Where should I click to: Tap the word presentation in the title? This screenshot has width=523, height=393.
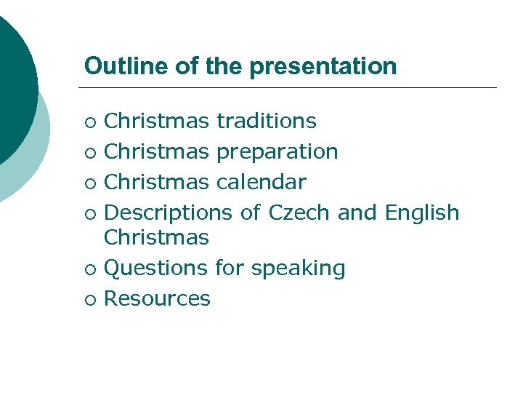click(323, 67)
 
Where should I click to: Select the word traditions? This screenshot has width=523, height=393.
click(266, 121)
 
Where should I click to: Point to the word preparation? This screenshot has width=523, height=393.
click(277, 152)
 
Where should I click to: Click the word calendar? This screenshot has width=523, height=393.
click(261, 182)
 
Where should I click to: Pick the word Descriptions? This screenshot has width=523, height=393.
click(166, 213)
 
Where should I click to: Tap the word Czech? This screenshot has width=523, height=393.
click(299, 213)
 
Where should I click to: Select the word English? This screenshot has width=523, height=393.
click(422, 213)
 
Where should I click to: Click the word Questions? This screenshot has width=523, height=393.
click(155, 268)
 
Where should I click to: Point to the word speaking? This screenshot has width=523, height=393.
click(298, 269)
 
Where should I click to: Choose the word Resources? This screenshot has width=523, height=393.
click(157, 298)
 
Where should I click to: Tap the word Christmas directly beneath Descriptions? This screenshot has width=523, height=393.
click(156, 237)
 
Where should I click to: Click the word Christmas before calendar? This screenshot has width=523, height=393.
click(156, 182)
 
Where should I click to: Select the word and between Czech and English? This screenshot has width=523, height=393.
click(358, 213)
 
